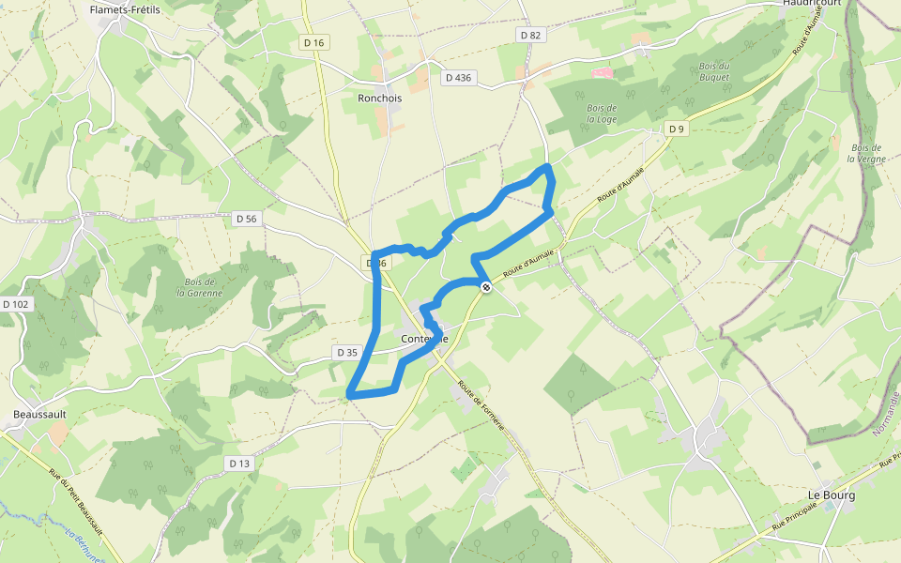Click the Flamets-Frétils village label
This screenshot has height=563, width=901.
tap(125, 9)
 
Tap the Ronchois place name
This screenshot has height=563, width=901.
tap(379, 97)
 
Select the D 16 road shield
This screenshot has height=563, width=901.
tap(313, 42)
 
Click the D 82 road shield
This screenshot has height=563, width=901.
tap(530, 35)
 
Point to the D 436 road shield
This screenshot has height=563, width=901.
tap(458, 78)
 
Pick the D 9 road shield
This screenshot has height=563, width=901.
tap(676, 128)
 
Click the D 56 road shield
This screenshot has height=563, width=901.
tap(246, 219)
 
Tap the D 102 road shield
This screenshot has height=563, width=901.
tap(16, 304)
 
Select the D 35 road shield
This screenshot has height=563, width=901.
tap(346, 353)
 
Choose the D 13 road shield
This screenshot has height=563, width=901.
tap(239, 464)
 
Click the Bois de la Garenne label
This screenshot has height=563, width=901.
tap(200, 287)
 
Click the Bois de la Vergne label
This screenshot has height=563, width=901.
tap(865, 153)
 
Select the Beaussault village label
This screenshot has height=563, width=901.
tap(38, 414)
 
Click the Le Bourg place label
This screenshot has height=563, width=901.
tap(832, 495)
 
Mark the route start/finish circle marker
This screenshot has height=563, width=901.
tap(485, 287)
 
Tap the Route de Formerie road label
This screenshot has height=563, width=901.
tap(482, 406)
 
